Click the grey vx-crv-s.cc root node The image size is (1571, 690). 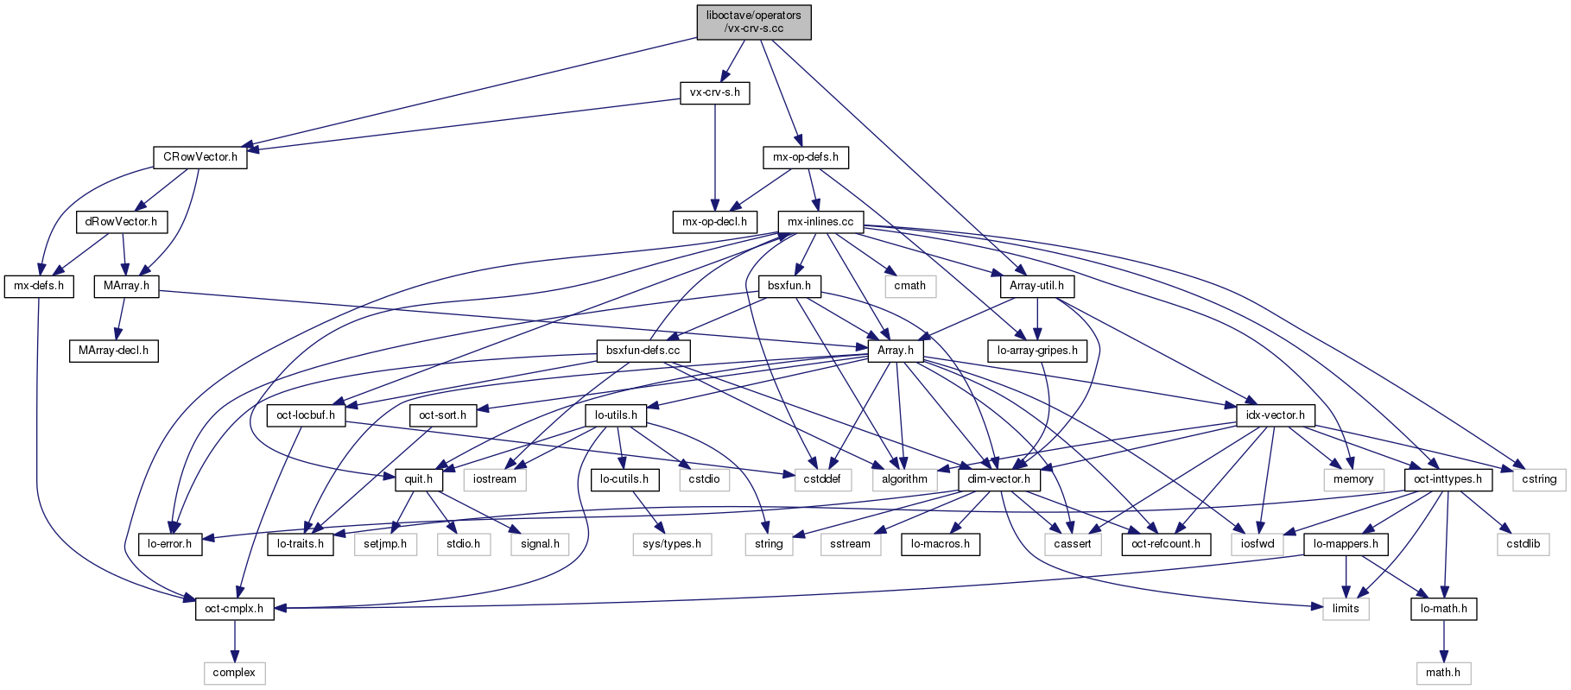[x=754, y=22]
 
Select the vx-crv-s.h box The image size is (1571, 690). [x=714, y=92]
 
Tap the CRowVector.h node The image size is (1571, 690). [x=200, y=157]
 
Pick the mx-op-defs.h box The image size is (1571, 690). [x=806, y=157]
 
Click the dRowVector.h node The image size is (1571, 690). [x=121, y=222]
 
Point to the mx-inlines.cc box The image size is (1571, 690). [x=820, y=222]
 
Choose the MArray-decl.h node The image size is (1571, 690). [x=113, y=351]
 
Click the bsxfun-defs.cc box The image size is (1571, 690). [x=643, y=351]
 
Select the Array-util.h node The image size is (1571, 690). [x=1036, y=286]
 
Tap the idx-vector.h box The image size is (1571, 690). [x=1275, y=415]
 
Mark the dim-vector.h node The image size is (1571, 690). [x=998, y=479]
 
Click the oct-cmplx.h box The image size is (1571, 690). [x=234, y=609]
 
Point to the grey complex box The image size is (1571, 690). [x=234, y=673]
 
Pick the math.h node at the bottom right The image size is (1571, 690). [x=1442, y=673]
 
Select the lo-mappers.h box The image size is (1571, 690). [x=1346, y=544]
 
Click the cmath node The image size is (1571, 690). [x=909, y=286]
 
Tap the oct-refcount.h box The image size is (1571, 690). [x=1166, y=544]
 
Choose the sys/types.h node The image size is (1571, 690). [x=672, y=544]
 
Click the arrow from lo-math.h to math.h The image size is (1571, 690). [x=1442, y=641]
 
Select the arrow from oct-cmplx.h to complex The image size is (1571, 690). [x=234, y=641]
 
